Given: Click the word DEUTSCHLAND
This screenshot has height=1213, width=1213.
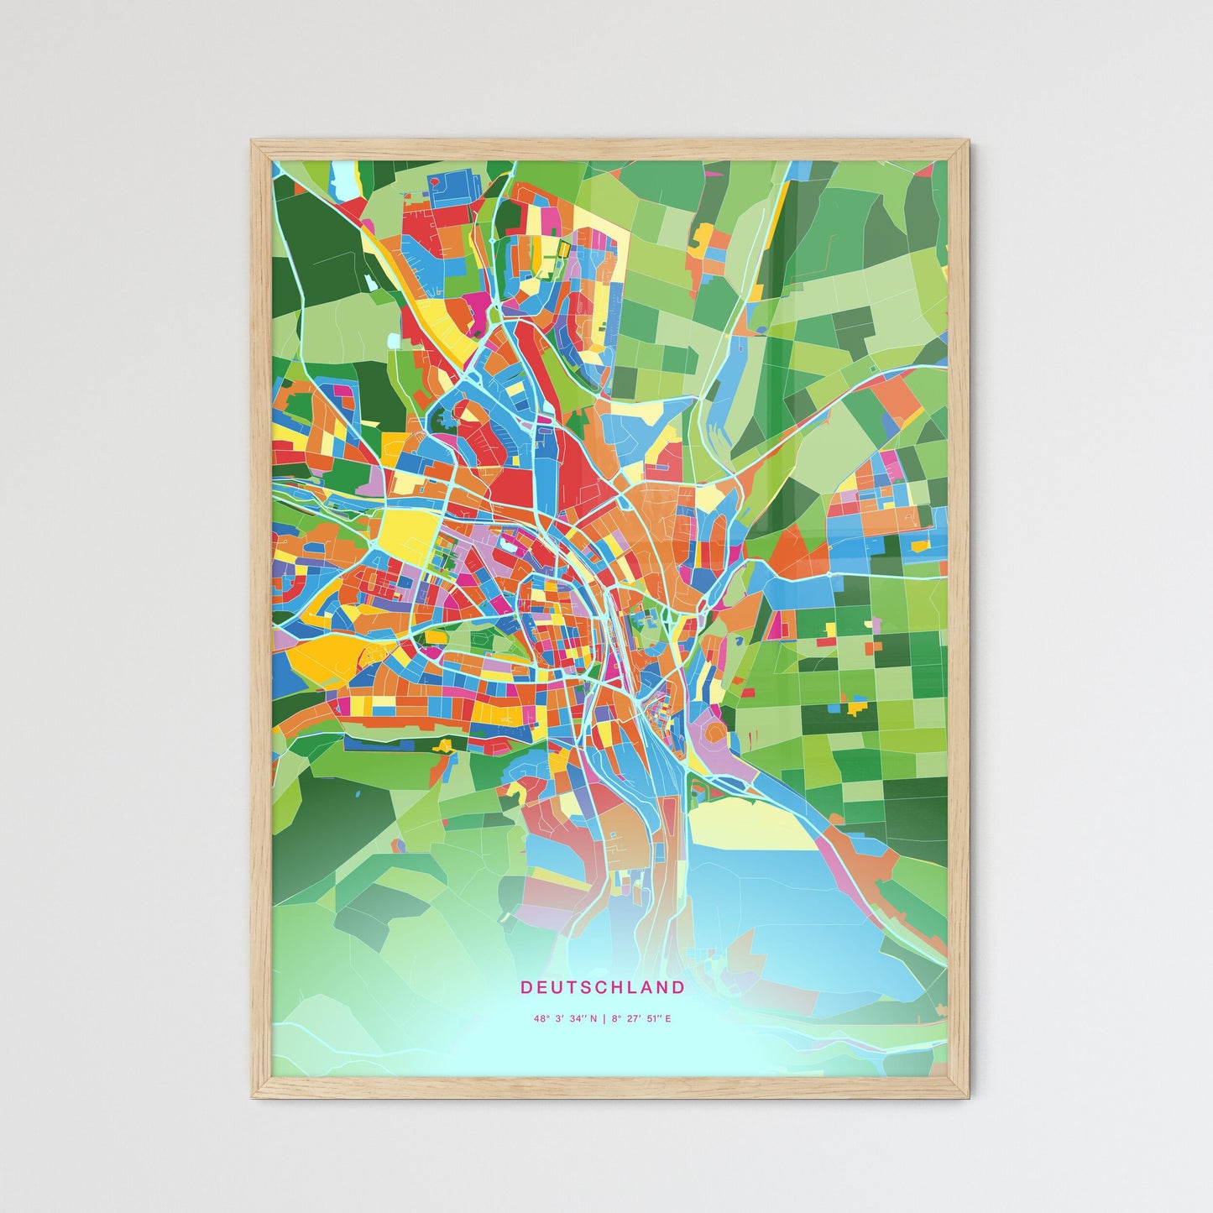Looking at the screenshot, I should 602,987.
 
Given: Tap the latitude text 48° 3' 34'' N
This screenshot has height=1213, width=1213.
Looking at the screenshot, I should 565,1019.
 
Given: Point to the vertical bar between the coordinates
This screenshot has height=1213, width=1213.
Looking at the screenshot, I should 604,1019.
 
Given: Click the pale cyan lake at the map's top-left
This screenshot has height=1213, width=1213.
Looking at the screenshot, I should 344,175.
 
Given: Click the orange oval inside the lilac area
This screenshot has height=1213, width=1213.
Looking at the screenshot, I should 714,733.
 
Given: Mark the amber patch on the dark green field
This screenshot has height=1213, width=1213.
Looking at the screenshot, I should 855,707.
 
